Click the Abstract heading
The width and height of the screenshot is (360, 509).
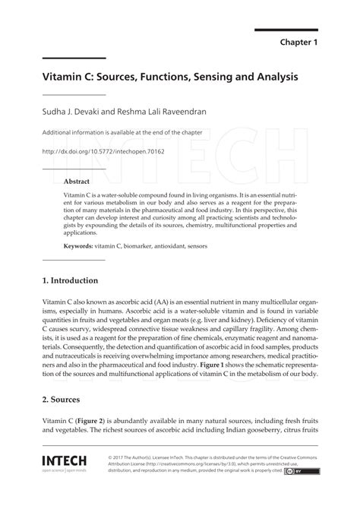click(77, 182)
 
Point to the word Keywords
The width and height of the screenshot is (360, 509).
click(78, 247)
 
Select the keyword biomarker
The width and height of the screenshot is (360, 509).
click(145, 247)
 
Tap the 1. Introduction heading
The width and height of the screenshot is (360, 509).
click(71, 280)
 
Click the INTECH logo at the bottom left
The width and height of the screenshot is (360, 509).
click(65, 462)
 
